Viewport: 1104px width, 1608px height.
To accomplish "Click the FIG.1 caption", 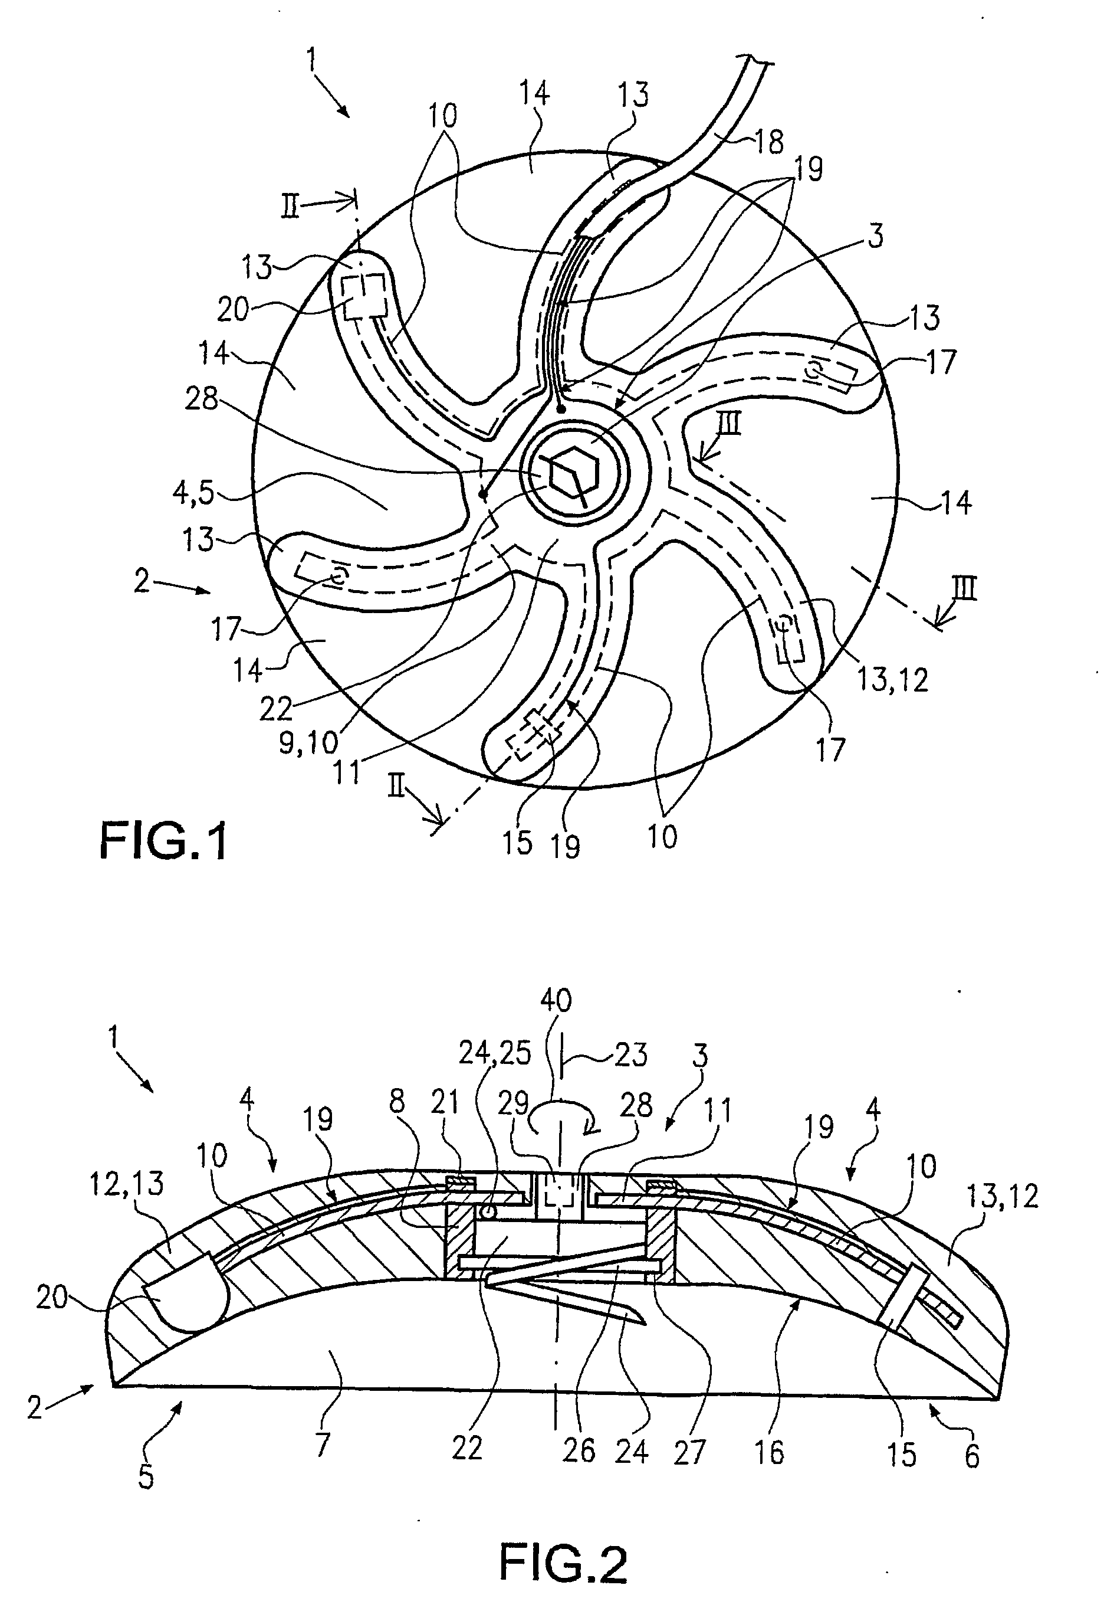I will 163,843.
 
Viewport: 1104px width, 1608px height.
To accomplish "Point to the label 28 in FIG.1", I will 202,399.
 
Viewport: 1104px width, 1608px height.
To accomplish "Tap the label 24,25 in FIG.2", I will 495,1053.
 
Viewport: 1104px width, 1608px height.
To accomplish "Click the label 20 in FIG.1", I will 232,310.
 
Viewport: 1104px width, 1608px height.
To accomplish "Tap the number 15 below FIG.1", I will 517,843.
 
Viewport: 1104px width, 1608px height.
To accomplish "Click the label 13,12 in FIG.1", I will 892,680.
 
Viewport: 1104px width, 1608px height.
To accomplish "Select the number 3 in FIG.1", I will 875,237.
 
